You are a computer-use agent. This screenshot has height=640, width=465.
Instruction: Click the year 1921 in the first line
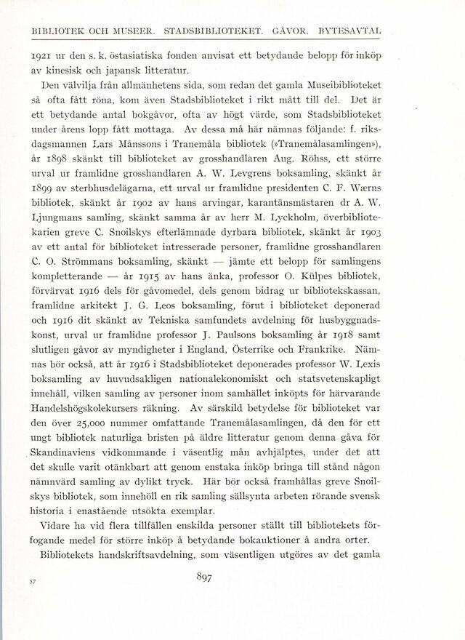tap(36, 55)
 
